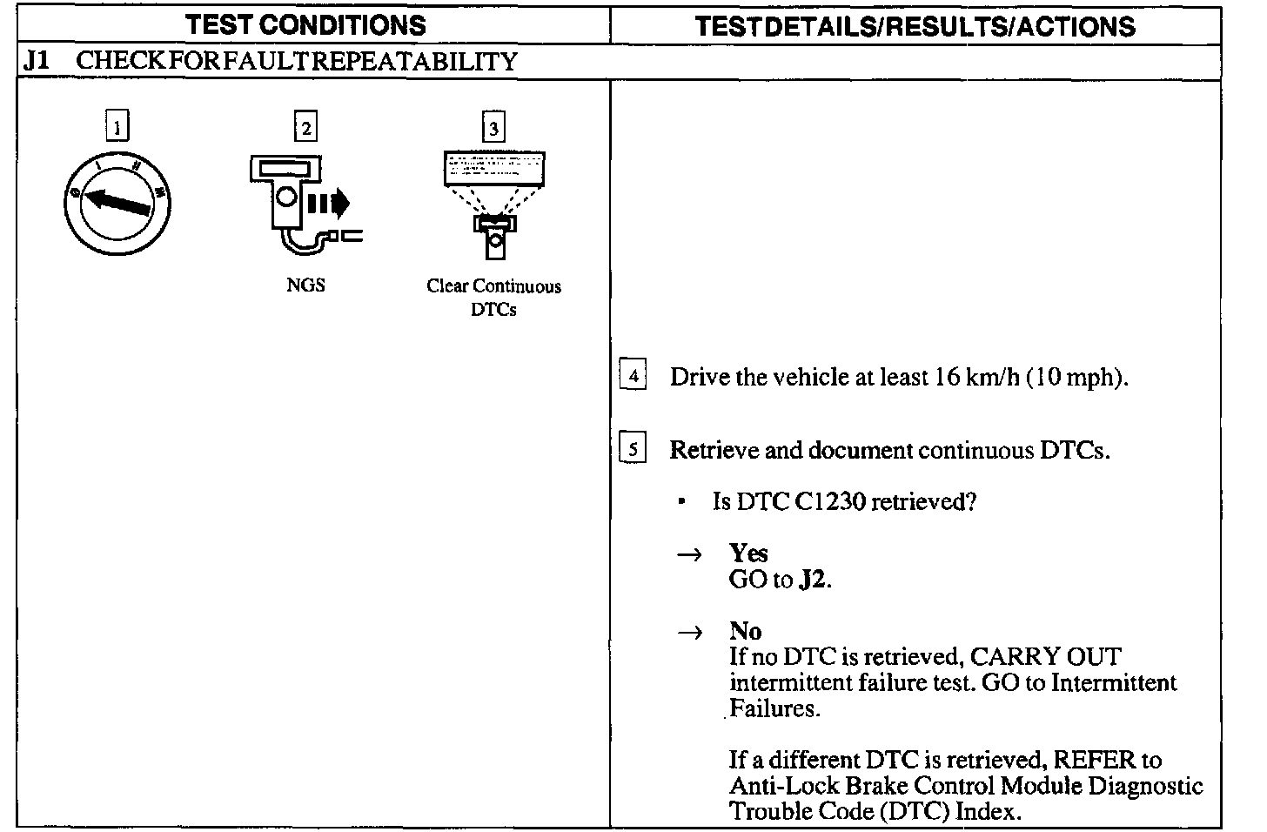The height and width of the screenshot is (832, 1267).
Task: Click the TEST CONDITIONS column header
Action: [306, 24]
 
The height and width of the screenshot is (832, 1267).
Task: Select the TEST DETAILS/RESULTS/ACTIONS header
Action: [915, 26]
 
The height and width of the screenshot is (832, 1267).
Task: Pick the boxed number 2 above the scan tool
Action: [305, 128]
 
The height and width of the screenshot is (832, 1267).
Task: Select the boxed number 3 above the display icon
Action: [493, 128]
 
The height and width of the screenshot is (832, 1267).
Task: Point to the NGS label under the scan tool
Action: [305, 285]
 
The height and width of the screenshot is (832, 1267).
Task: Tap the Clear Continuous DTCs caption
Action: [493, 298]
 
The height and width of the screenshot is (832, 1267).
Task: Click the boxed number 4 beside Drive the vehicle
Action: [633, 377]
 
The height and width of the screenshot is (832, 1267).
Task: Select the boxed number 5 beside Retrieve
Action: [633, 450]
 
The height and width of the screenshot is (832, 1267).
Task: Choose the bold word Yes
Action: [748, 554]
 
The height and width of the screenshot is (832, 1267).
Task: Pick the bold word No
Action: [745, 631]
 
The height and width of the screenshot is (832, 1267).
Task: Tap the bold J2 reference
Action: [812, 580]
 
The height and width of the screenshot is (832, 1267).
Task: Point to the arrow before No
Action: [689, 633]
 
